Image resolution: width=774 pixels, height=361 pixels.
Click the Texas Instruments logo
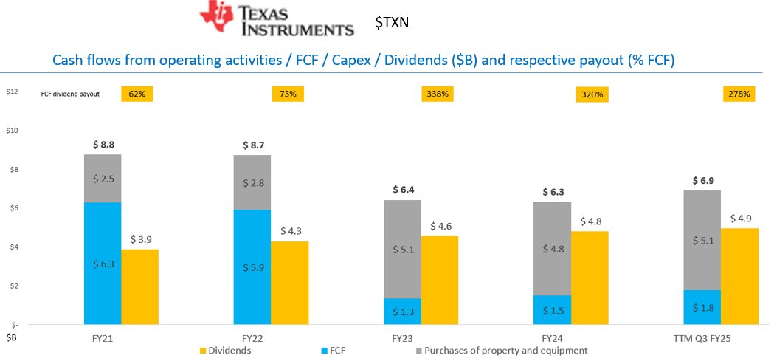click(x=277, y=20)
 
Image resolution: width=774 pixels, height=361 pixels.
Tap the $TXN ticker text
click(x=392, y=23)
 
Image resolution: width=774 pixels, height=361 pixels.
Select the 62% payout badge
click(x=137, y=94)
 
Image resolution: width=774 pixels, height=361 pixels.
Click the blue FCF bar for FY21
click(x=103, y=263)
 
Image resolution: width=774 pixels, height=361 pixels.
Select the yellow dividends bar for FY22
click(x=289, y=282)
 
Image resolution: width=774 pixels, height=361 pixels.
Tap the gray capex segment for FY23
click(x=402, y=249)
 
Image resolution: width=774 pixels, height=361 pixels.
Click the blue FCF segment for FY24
click(x=553, y=309)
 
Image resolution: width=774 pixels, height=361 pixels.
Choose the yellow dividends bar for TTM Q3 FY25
click(x=739, y=275)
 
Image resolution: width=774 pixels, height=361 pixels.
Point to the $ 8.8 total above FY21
click(x=103, y=145)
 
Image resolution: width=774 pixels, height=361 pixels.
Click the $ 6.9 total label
click(x=702, y=180)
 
